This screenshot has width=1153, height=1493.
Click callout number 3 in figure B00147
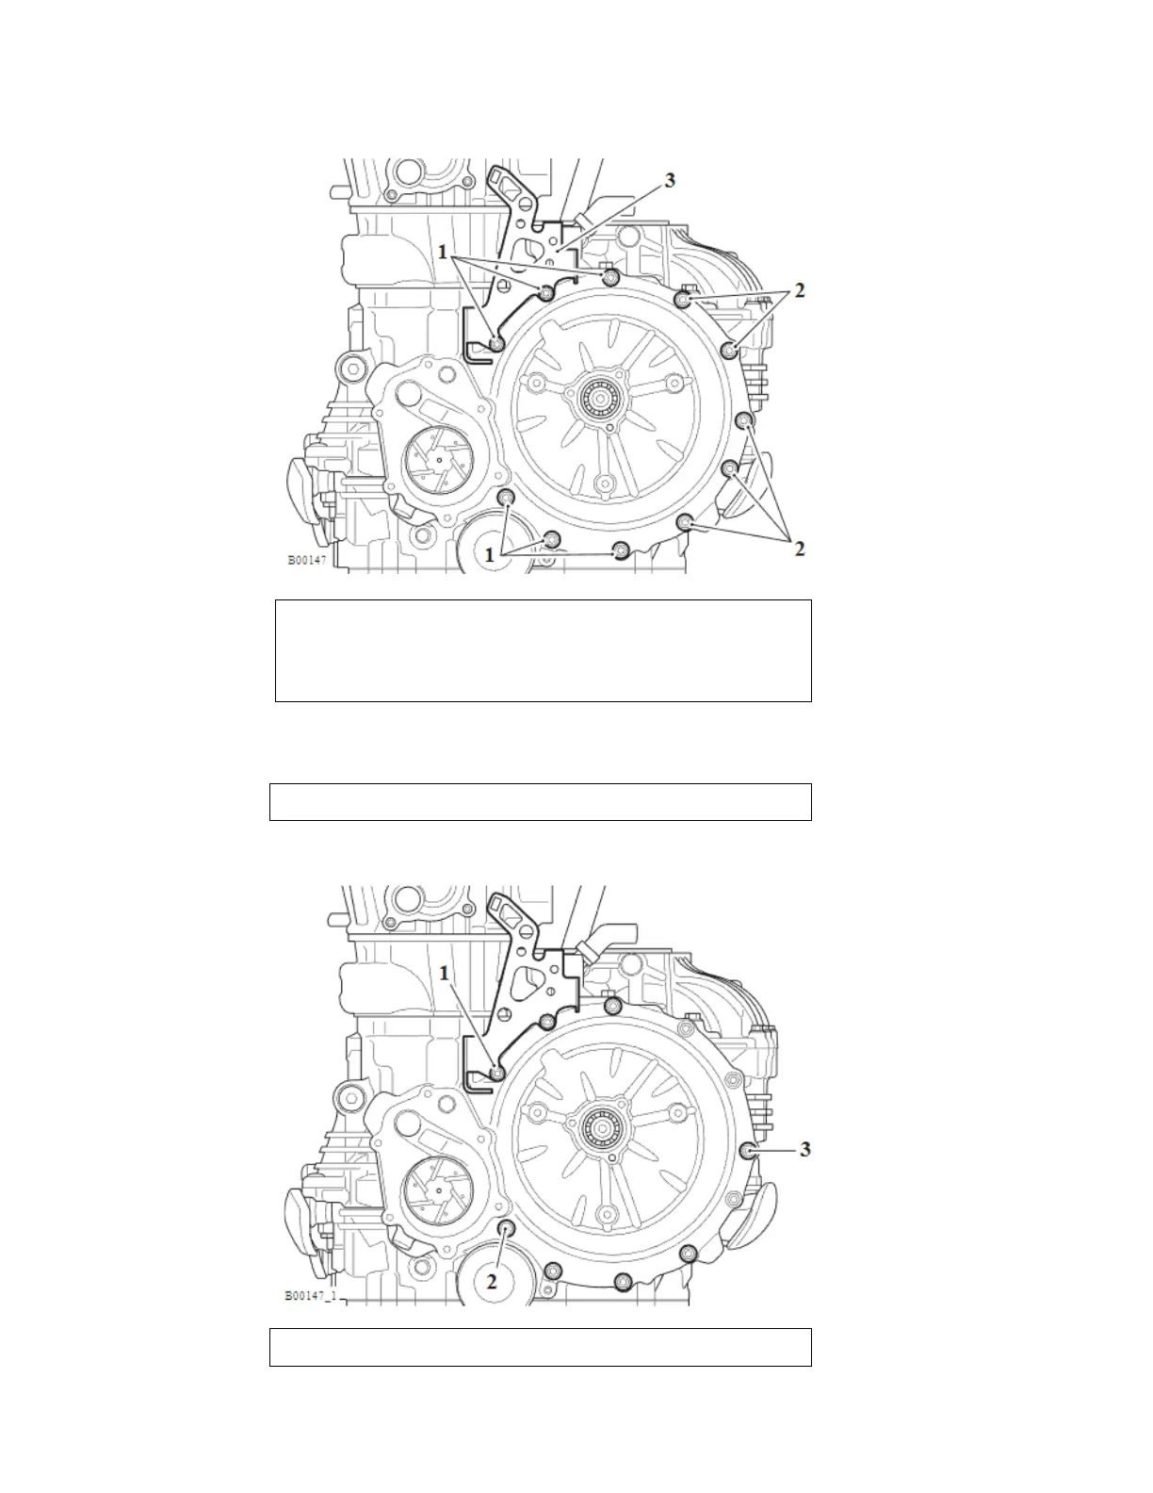point(670,180)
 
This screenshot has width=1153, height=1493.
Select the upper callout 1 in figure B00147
point(443,253)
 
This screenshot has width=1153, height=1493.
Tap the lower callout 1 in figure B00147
point(490,555)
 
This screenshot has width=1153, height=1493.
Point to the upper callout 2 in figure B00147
point(800,290)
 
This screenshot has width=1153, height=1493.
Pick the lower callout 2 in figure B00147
point(800,549)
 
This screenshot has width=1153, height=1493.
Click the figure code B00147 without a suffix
point(307,560)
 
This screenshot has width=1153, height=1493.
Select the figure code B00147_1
point(311,1296)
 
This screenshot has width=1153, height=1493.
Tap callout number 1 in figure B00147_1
point(445,973)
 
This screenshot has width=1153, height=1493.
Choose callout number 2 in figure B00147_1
point(492,1281)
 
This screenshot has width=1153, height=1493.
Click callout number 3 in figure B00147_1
point(805,1150)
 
